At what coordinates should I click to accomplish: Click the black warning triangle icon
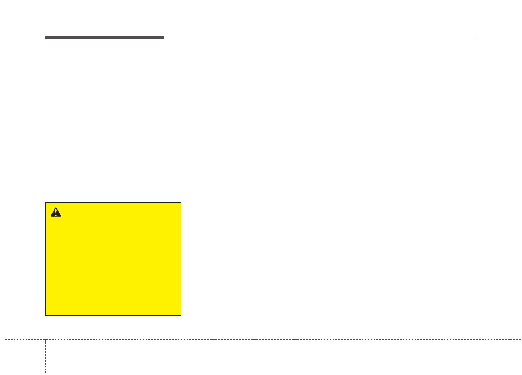tap(56, 212)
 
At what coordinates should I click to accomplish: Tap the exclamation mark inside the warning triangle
tap(56, 213)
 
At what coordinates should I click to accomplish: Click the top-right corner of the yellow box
tap(181, 203)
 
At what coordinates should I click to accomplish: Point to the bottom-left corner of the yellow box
tap(45, 315)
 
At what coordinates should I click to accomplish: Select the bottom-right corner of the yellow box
tap(181, 315)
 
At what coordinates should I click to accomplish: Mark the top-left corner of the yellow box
tap(45, 203)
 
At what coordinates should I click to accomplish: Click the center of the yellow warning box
tap(113, 259)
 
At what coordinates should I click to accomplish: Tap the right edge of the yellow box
tap(181, 259)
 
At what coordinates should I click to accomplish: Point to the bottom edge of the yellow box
tap(113, 315)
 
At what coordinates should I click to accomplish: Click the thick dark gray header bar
tap(105, 38)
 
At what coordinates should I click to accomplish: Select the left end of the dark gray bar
tap(46, 38)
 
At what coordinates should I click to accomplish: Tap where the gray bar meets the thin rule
tap(164, 39)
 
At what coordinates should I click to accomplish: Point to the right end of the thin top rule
tap(476, 39)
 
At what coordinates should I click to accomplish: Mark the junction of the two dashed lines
tap(45, 340)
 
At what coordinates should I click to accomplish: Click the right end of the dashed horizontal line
tap(521, 340)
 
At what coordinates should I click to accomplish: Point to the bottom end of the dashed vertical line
tap(45, 374)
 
